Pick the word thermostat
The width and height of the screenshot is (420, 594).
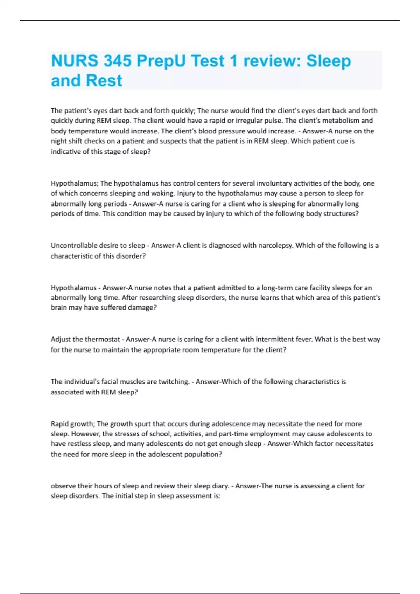[x=102, y=339]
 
